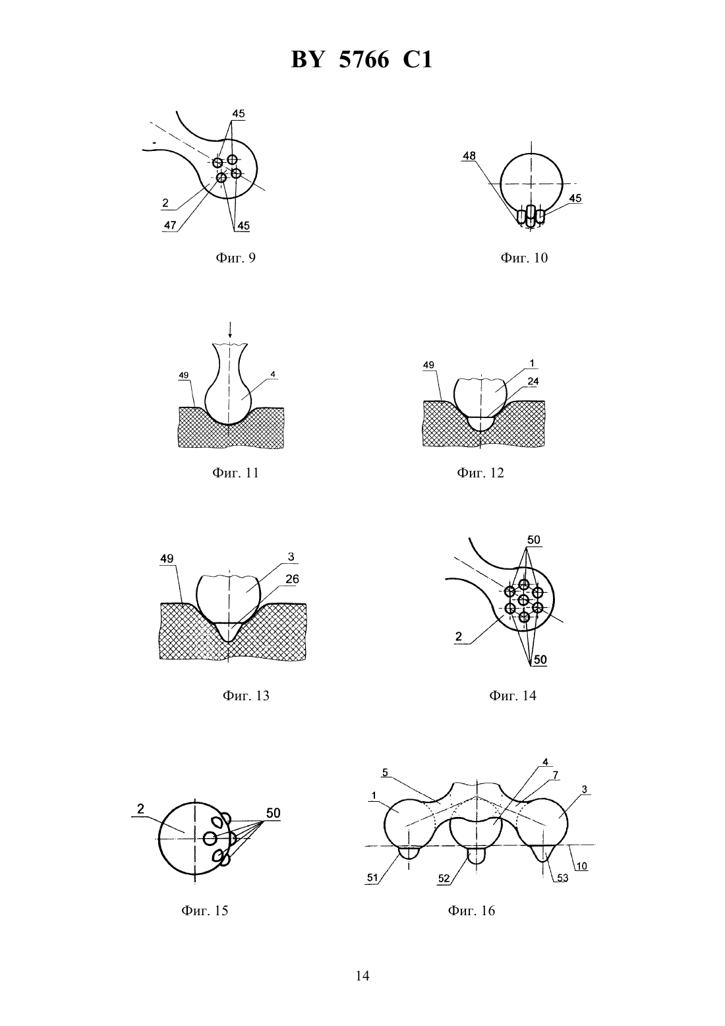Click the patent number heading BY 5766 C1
pos(362,60)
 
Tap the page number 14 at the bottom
pos(362,976)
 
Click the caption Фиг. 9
pos(235,258)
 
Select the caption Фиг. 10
pos(524,258)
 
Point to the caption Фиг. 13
pos(246,696)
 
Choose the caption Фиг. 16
pos(471,911)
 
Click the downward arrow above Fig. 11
pos(230,330)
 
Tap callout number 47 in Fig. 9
pos(170,226)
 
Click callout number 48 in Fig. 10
pos(469,156)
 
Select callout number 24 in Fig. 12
pos(533,381)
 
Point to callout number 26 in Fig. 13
pos(292,579)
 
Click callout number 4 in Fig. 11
pos(273,375)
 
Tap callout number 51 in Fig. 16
pos(372,878)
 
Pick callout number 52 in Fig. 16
pos(444,878)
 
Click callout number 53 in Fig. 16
pos(562,878)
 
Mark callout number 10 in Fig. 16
pos(582,866)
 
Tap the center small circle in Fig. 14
pos(524,600)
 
